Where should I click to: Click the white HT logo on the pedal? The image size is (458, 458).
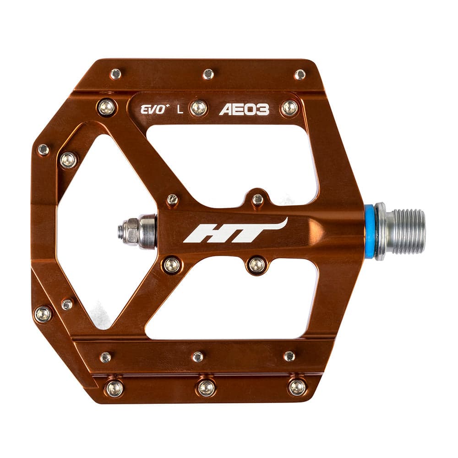[x=234, y=231]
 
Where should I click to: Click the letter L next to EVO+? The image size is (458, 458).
[x=180, y=110]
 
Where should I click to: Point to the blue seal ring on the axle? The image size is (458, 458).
[x=369, y=231]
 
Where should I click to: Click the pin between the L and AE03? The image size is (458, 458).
[x=199, y=108]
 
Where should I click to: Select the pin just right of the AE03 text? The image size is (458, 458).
[x=289, y=108]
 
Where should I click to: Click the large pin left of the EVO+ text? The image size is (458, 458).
[x=106, y=107]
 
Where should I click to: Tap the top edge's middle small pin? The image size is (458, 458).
[x=208, y=74]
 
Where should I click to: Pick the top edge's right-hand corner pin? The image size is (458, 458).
[x=300, y=74]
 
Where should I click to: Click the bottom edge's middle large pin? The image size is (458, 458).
[x=206, y=387]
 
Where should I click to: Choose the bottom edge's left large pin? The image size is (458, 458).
[x=114, y=388]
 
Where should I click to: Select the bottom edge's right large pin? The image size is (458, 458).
[x=297, y=387]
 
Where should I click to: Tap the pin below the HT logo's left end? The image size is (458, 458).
[x=172, y=265]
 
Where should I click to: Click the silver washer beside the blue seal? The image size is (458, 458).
[x=380, y=231]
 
